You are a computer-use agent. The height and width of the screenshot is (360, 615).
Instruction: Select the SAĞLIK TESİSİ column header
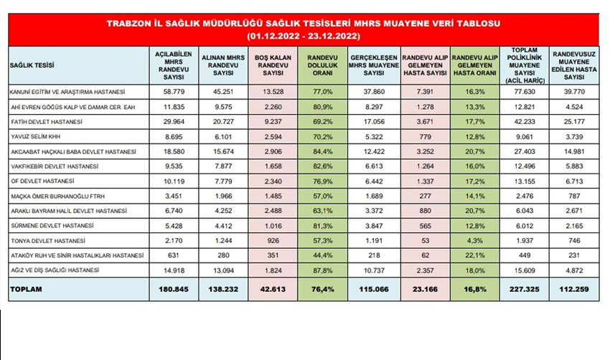click(29, 65)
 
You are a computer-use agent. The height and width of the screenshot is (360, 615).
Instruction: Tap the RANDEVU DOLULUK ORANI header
click(321, 65)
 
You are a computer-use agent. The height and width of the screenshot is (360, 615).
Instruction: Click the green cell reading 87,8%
click(321, 270)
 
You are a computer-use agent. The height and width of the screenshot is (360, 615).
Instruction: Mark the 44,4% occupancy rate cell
click(321, 256)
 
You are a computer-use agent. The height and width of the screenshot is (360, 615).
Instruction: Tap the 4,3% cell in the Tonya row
click(474, 241)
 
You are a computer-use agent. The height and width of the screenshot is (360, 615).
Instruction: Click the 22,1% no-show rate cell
click(474, 256)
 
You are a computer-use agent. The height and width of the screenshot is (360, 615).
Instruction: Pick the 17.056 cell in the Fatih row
click(372, 122)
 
